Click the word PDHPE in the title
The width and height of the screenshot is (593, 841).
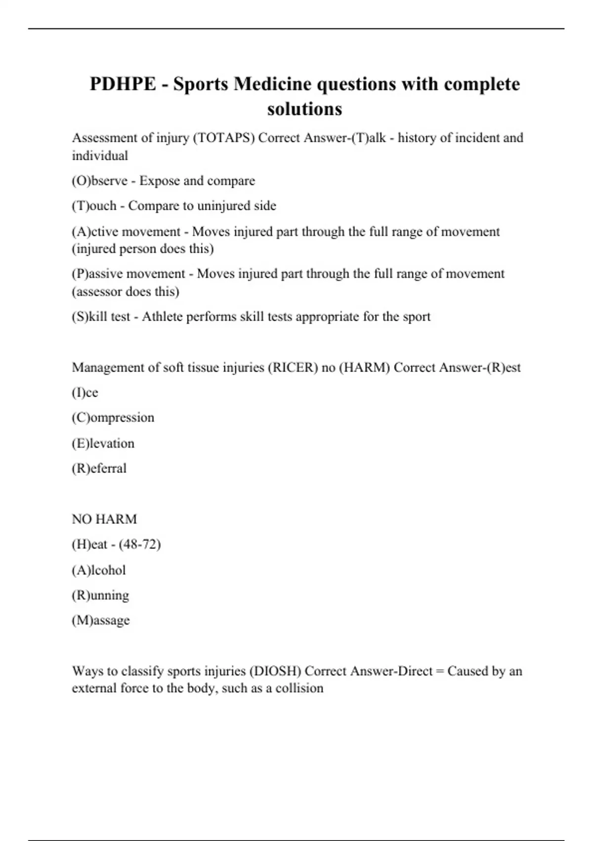click(123, 84)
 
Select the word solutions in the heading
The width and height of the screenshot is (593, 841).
click(304, 109)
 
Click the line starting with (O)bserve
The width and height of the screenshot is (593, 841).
click(163, 181)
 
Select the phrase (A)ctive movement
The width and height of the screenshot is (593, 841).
click(126, 232)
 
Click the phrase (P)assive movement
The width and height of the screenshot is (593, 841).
click(128, 274)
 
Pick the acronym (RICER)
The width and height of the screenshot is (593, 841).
click(293, 368)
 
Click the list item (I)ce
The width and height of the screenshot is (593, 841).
click(85, 393)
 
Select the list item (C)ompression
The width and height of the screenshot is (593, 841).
click(113, 418)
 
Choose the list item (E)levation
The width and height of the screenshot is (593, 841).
click(103, 443)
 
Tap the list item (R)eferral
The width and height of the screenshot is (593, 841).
click(99, 468)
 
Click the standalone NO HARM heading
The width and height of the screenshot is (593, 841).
click(104, 519)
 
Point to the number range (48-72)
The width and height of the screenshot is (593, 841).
click(140, 544)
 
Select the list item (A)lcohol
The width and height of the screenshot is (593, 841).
click(99, 570)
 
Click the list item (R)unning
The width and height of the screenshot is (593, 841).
click(100, 595)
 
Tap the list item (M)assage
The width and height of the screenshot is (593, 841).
click(101, 620)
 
